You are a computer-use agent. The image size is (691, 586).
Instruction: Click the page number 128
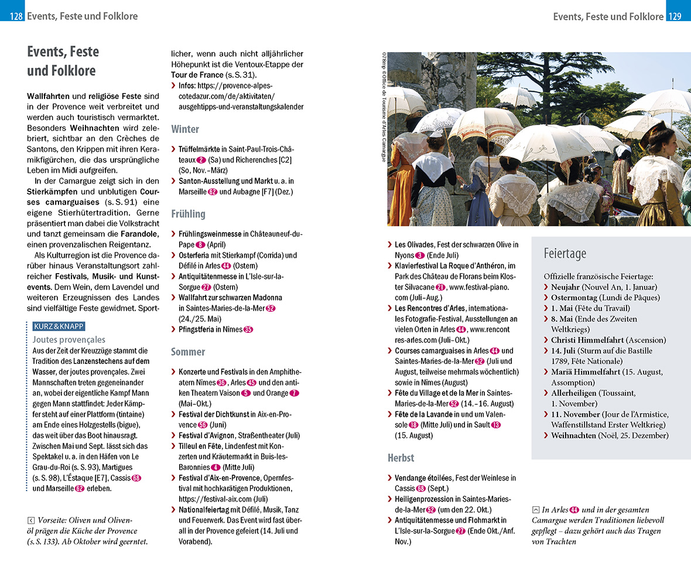pos(16,16)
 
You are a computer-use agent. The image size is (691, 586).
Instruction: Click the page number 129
pos(675,16)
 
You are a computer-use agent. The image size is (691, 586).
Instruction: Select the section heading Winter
pos(185,129)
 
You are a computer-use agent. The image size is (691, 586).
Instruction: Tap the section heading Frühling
pos(188,214)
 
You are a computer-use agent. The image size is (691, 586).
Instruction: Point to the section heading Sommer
pos(188,352)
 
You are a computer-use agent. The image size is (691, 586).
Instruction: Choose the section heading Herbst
pos(401,457)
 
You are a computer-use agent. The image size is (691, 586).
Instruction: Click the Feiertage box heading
pos(565,254)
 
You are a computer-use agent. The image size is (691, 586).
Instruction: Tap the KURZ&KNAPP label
pos(59,327)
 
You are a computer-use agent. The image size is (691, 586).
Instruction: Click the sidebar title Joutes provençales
pos(69,339)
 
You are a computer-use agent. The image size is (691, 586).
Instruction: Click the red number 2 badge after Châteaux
pos(201,160)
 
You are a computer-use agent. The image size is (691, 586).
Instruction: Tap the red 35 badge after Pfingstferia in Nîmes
pos(248,329)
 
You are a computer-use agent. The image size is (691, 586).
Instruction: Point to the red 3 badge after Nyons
pos(420,255)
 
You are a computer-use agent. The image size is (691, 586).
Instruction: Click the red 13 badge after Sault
pos(496,425)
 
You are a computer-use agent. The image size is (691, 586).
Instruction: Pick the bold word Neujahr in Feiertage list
pos(566,287)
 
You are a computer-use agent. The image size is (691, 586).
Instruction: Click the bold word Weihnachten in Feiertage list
pos(574,435)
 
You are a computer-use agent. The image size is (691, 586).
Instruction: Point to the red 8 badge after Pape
pos(201,245)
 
